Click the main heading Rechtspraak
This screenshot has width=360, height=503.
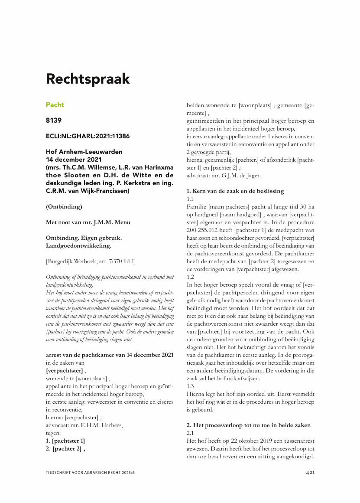coord(88,79)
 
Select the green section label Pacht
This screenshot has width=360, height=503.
coord(55,105)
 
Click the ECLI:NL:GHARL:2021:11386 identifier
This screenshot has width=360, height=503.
coord(88,136)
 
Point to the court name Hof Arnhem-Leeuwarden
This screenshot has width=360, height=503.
coord(84,152)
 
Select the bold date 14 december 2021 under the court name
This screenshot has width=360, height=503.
coord(74,160)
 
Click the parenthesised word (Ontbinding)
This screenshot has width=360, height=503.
coord(64,207)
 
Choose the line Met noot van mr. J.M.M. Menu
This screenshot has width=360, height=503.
coord(88,222)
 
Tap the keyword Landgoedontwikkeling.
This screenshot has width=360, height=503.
coord(78,246)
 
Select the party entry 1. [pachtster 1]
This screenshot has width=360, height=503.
coord(65,441)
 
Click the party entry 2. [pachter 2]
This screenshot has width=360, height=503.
coord(65,449)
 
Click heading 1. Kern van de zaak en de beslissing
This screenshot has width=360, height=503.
coord(235,191)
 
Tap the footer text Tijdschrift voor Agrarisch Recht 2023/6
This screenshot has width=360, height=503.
coord(94,472)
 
